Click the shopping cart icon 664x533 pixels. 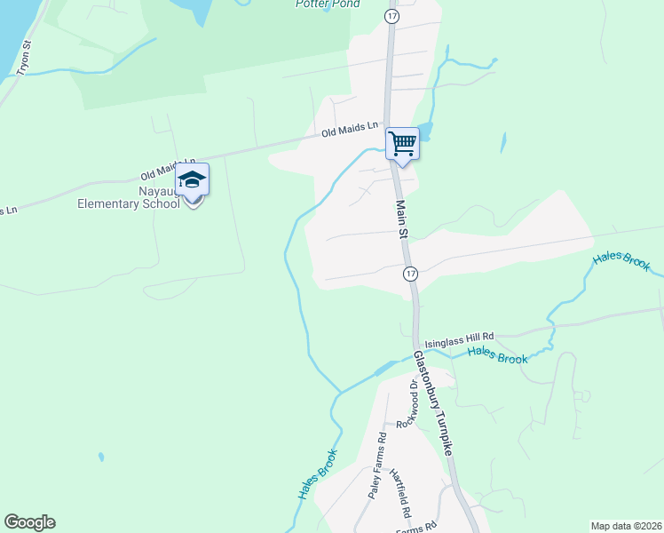click(403, 143)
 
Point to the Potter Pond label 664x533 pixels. click(328, 4)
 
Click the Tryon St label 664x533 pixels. click(25, 57)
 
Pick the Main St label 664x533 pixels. click(401, 219)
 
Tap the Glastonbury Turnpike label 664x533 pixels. click(434, 403)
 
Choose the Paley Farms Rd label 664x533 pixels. click(378, 465)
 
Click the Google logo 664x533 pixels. click(29, 522)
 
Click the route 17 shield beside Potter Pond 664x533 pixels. click(391, 17)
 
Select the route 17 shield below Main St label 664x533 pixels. click(410, 274)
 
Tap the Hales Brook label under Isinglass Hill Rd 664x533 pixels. click(497, 355)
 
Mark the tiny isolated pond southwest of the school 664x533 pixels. click(101, 457)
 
